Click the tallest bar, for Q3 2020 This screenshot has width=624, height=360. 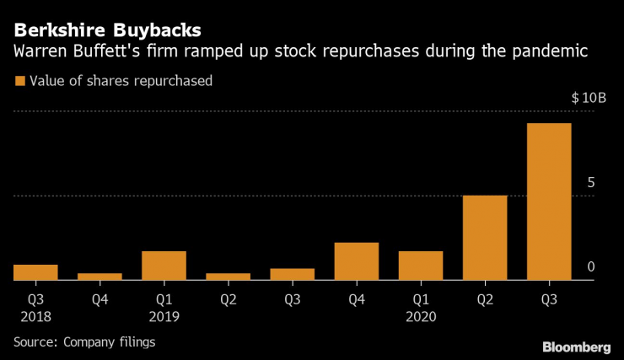tap(549, 201)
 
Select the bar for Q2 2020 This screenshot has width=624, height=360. tap(485, 238)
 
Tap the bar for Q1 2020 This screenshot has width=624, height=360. tap(421, 266)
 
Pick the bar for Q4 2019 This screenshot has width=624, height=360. tap(356, 261)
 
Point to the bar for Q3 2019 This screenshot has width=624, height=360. tap(292, 274)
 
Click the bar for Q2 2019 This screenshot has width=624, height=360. tap(228, 277)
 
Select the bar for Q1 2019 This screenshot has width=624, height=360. tap(164, 266)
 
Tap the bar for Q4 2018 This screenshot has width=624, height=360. tap(100, 277)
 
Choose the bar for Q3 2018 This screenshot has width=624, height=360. tap(35, 272)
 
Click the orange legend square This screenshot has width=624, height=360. tap(19, 82)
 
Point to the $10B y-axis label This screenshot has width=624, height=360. tap(589, 98)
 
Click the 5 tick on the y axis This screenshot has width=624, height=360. tap(591, 183)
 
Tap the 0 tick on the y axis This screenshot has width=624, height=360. tap(591, 267)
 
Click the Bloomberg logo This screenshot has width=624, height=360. tap(576, 347)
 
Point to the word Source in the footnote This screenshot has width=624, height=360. tap(31, 341)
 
